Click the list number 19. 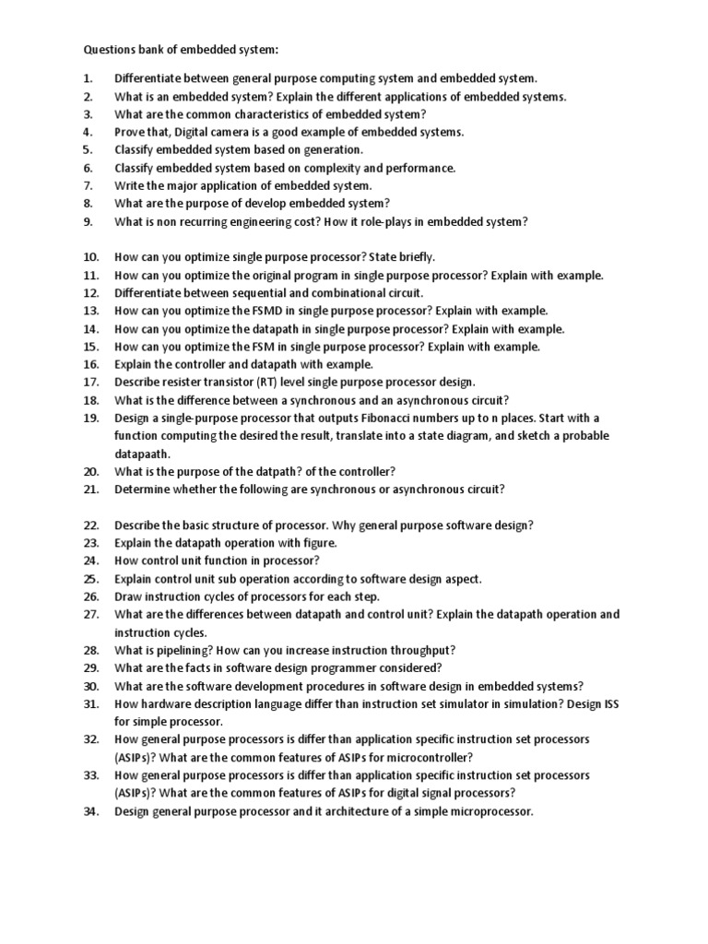[x=90, y=418]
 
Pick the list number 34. [x=90, y=811]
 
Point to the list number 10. [x=90, y=257]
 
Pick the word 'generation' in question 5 [x=333, y=149]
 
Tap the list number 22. [x=90, y=525]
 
